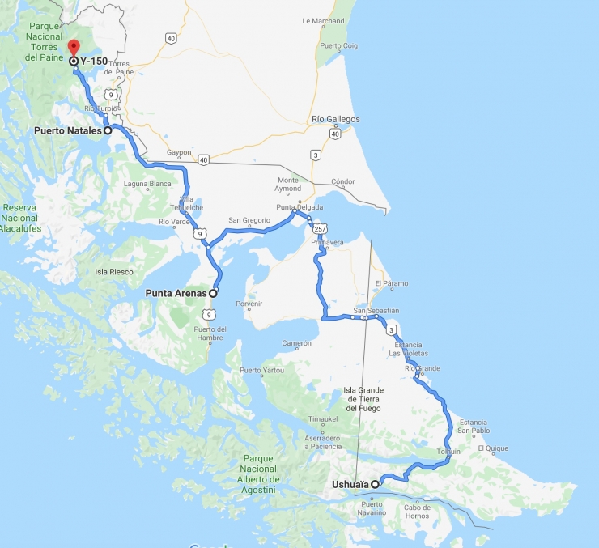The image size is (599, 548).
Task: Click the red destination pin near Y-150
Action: [74, 47]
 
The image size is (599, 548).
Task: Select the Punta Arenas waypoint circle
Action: [214, 293]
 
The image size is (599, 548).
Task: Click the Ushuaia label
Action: [350, 484]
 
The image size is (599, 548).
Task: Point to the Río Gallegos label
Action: [335, 119]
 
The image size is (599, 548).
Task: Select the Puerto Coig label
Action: [339, 45]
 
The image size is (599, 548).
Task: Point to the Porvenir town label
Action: [249, 304]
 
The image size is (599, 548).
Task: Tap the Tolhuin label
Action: [448, 451]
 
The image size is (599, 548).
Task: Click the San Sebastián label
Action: [376, 310]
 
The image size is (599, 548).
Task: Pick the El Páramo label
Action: [392, 283]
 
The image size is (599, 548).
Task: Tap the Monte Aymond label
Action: [288, 185]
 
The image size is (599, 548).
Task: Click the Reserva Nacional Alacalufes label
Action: [20, 218]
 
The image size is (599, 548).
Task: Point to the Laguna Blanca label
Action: [148, 184]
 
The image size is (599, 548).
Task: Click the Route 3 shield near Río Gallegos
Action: [315, 154]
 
